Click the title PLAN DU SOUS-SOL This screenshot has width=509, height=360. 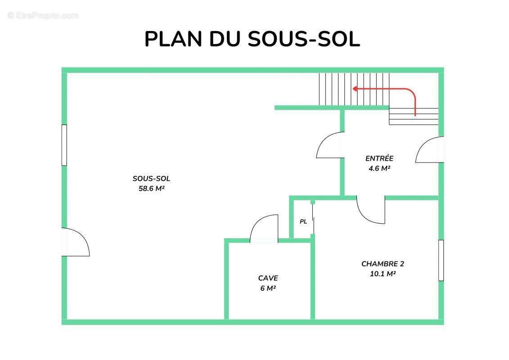click(252, 39)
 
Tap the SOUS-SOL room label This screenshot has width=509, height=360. click(151, 179)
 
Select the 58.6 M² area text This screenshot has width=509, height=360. click(151, 189)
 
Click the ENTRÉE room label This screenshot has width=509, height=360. click(379, 158)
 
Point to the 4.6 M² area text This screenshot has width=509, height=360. click(379, 169)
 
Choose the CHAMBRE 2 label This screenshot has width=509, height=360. click(379, 264)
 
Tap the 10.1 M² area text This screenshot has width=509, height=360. click(379, 274)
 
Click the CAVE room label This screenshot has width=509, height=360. click(268, 278)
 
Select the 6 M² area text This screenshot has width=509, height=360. click(268, 288)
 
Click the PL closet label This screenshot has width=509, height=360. click(303, 221)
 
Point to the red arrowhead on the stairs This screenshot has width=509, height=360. click(355, 89)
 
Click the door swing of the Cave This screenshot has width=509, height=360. click(264, 229)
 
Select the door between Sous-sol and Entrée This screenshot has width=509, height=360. click(330, 146)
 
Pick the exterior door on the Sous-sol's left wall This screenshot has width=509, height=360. click(75, 242)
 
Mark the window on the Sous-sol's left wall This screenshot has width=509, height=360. click(64, 145)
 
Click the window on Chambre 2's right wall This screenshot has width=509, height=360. click(441, 261)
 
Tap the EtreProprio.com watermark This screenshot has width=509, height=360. click(43, 16)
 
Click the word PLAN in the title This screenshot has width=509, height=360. click(173, 39)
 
